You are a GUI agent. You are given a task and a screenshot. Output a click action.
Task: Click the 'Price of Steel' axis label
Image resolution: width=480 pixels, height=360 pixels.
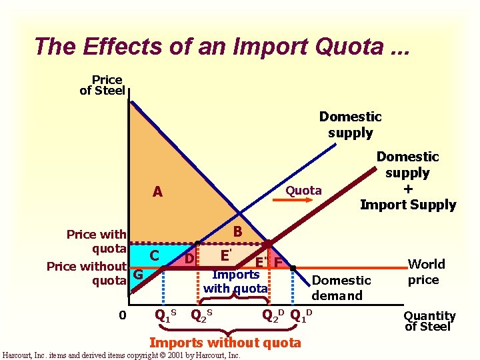tap(103, 85)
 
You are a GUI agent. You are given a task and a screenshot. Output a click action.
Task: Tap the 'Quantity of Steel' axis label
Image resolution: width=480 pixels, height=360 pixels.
tap(429, 321)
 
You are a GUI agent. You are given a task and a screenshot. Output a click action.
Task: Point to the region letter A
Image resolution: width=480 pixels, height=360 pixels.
tap(157, 192)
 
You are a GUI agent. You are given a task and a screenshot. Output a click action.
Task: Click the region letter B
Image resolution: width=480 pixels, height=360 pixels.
tap(237, 232)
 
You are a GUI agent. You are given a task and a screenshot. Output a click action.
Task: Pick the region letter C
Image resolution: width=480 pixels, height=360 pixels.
tap(154, 255)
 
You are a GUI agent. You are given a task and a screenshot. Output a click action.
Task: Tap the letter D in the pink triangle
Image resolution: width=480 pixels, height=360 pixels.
tap(189, 257)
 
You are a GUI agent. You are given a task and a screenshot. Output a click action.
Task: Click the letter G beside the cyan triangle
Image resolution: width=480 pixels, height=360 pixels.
tap(138, 274)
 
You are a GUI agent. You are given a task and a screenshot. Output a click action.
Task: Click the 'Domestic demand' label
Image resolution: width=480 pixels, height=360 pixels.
tap(341, 288)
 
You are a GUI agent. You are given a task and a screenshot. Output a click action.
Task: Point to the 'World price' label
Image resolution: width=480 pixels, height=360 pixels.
tap(423, 272)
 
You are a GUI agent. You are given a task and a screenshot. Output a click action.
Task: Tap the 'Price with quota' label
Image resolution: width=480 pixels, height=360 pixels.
tap(97, 241)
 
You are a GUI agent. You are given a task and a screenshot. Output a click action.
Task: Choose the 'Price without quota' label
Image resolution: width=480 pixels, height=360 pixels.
tap(87, 273)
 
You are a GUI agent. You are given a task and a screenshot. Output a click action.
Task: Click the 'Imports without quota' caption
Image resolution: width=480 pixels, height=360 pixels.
tap(225, 343)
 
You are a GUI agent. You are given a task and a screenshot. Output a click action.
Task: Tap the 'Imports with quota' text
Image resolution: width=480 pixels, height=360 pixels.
tap(235, 282)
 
